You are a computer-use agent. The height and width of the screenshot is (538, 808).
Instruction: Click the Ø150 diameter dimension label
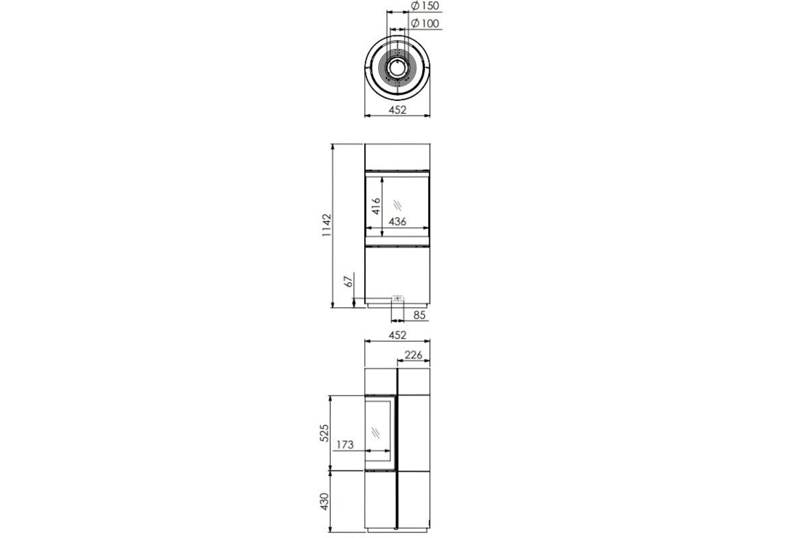pos(425,6)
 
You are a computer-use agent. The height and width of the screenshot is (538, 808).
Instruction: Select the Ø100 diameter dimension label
pos(425,24)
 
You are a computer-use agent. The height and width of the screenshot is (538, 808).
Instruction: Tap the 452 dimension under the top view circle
pos(397,110)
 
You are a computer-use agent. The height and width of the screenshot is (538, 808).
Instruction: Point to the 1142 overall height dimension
pos(326,225)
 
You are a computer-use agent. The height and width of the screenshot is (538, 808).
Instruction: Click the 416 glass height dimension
pos(376,206)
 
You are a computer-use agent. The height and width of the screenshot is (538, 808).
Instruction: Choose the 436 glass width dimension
pos(397,221)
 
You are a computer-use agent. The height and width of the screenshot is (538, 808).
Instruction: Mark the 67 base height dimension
pos(348,281)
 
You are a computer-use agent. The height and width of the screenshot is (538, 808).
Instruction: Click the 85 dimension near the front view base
pos(419,315)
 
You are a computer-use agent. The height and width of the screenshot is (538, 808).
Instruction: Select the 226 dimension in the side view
pos(413,355)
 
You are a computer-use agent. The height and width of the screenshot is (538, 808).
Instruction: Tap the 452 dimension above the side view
pos(397,335)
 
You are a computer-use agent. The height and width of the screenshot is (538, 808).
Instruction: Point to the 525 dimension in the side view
pos(324,433)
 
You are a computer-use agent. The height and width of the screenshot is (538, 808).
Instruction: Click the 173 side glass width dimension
pos(345,445)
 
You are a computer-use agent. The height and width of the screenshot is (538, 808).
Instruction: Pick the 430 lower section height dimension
pos(324,501)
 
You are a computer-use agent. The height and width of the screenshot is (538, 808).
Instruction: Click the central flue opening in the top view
pos(397,68)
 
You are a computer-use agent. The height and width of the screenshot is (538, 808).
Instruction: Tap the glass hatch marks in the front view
pos(398,205)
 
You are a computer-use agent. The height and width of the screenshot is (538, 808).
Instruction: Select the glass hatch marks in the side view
pos(376,433)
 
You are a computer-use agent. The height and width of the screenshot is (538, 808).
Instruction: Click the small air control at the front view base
pos(398,299)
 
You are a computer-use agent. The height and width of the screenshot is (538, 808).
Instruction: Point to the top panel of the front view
pos(397,157)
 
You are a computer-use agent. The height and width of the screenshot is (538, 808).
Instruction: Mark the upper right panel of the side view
pos(413,382)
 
